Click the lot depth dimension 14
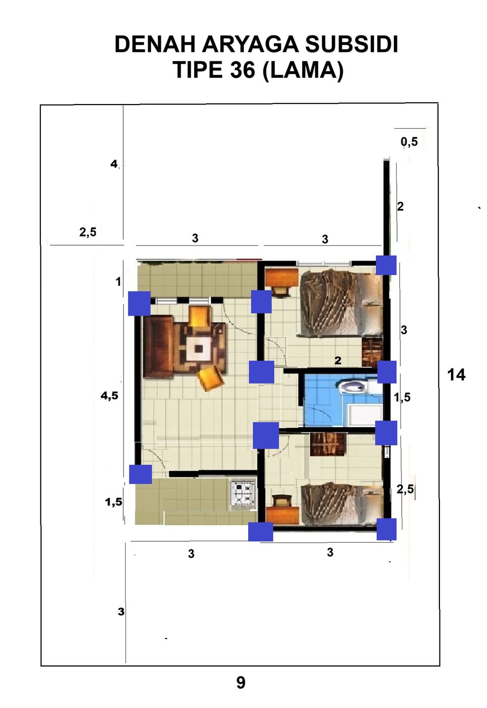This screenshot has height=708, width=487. click(456, 375)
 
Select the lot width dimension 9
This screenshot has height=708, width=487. click(241, 683)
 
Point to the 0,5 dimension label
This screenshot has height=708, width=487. click(409, 142)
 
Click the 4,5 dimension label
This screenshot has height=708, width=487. click(109, 395)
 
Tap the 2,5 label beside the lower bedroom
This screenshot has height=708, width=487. click(405, 489)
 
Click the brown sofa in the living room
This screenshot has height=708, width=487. click(158, 347)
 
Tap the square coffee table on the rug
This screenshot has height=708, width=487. click(199, 348)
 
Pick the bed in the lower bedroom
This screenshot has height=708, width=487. click(340, 504)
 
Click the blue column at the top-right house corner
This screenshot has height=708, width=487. click(386, 265)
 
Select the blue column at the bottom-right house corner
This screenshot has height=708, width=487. click(387, 529)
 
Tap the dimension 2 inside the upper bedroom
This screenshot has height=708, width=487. click(338, 361)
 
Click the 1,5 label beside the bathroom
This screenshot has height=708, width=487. click(402, 397)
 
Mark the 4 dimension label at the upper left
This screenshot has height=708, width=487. click(114, 164)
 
